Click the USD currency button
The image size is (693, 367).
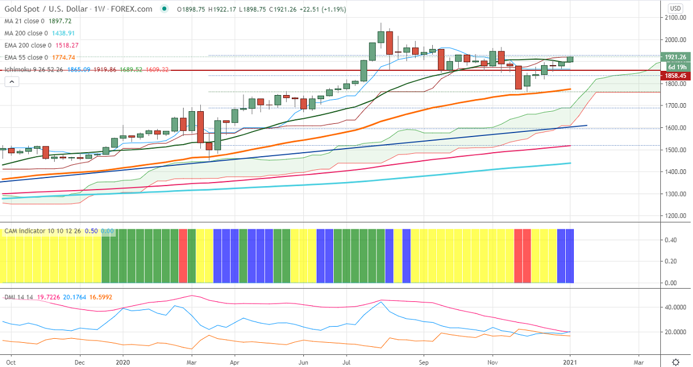(675, 8)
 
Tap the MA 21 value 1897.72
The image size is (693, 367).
(56, 20)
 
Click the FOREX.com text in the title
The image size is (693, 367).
(135, 9)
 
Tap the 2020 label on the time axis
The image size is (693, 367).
(123, 363)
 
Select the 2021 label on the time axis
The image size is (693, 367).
(569, 363)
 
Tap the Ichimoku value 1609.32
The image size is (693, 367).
(157, 69)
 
